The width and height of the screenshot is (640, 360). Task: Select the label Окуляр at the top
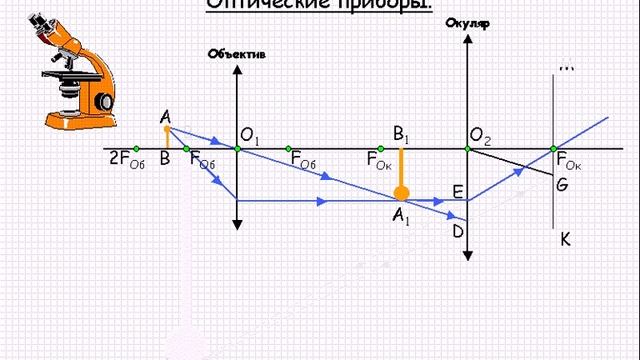coord(467,24)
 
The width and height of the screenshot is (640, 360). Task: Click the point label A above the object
coord(165,116)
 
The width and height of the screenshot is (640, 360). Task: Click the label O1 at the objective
coord(250,135)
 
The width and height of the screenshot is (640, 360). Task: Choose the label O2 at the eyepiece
coord(480,135)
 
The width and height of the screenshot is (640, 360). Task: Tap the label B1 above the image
coord(402,133)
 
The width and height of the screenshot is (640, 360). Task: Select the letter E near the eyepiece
coord(457,191)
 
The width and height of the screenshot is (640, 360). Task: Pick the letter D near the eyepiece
coord(457,231)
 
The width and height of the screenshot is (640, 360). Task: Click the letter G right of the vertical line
coord(562,184)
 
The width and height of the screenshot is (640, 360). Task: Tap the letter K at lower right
coord(566,240)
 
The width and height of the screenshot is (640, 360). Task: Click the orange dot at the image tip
coord(401,194)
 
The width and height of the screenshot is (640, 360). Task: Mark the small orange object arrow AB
coord(168,138)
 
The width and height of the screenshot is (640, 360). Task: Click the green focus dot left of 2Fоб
coord(137,149)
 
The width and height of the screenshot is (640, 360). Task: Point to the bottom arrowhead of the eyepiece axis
coord(467,259)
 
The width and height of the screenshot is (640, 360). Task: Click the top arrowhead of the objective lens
coord(237,69)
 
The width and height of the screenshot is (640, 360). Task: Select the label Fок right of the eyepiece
coord(569,159)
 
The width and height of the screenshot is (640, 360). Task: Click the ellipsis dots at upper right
coord(566,68)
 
